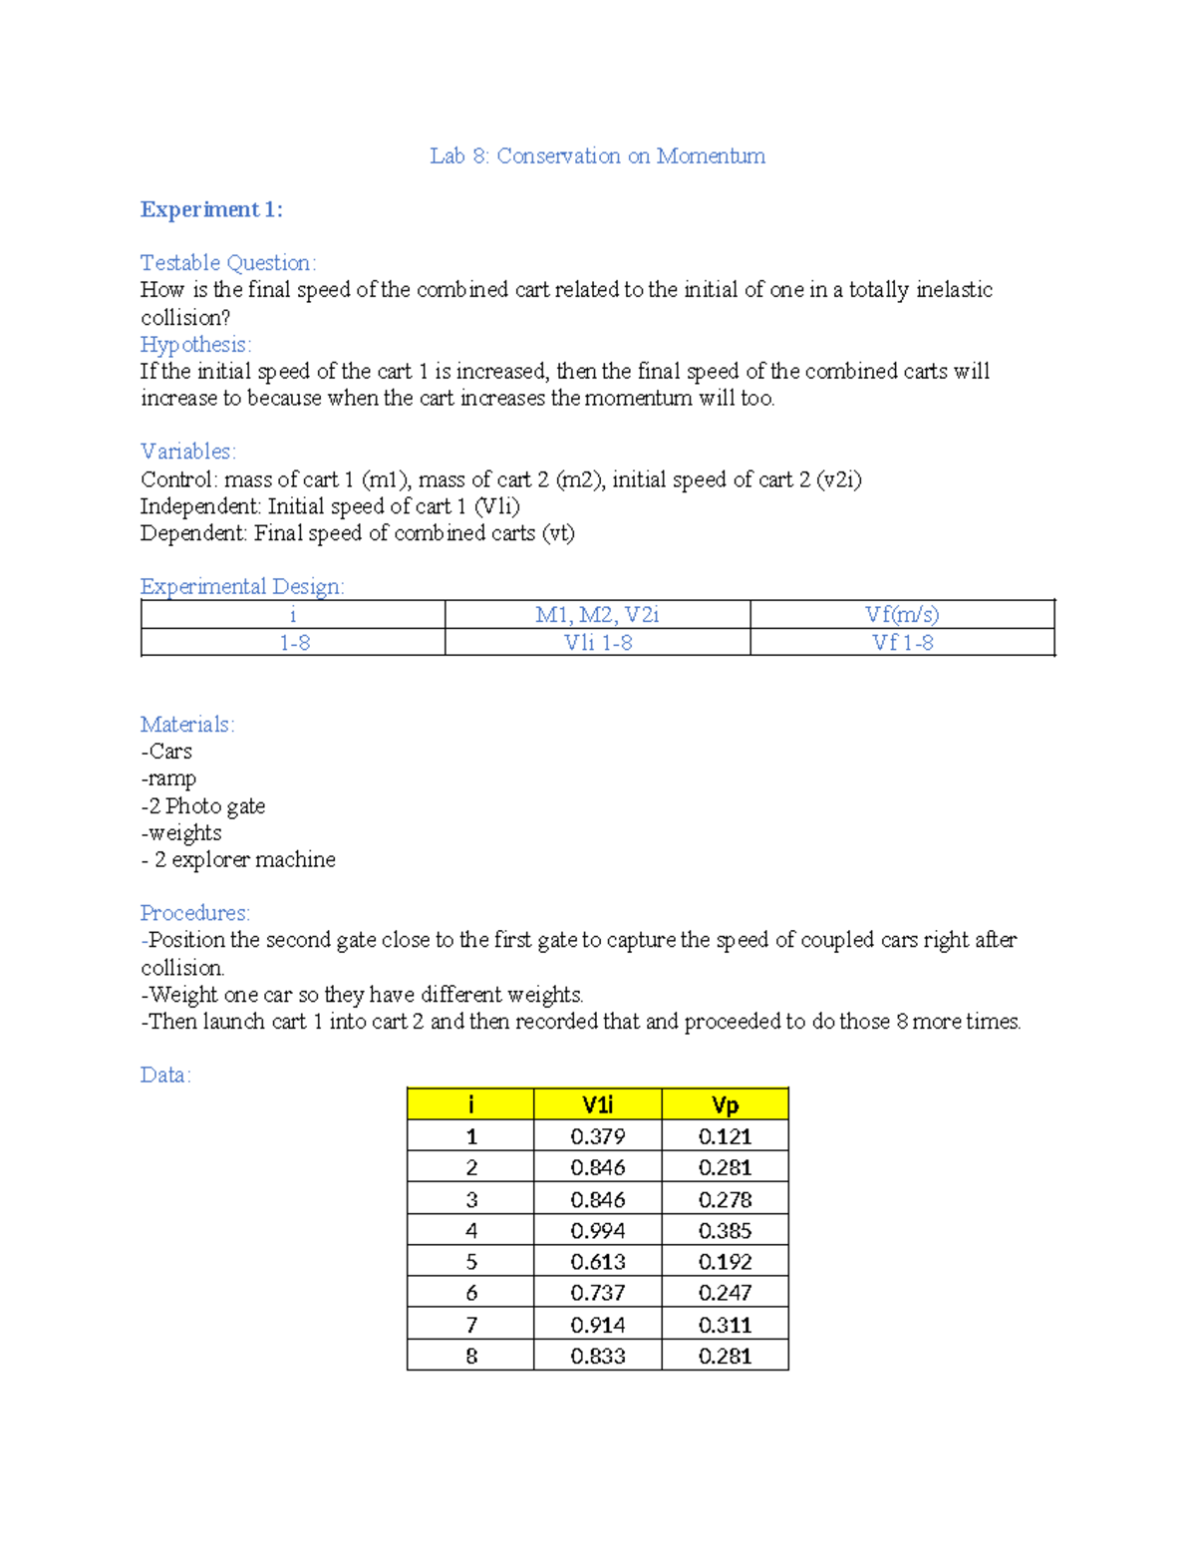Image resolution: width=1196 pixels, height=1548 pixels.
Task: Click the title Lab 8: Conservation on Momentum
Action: click(x=597, y=155)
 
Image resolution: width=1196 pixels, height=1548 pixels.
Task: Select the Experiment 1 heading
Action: click(x=211, y=209)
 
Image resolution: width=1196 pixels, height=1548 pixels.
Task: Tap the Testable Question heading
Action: click(x=227, y=262)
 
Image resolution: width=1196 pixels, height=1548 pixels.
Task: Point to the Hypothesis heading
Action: click(x=195, y=344)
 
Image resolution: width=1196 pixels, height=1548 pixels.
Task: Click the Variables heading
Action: click(x=187, y=451)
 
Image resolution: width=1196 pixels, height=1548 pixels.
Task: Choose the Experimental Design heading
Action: click(x=241, y=586)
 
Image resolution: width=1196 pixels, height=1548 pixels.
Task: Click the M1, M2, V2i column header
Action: click(x=597, y=614)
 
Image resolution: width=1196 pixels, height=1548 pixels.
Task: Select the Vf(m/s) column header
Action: click(x=902, y=614)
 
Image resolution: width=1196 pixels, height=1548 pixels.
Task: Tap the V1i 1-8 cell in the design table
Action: click(x=597, y=643)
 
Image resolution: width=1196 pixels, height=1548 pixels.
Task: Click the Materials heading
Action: click(x=187, y=724)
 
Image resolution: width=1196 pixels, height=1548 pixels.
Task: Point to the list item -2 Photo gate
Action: click(x=203, y=805)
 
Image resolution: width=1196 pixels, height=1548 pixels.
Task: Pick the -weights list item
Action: click(x=181, y=832)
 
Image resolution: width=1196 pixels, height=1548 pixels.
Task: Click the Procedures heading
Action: click(x=194, y=912)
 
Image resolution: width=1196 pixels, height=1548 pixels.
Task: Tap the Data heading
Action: click(x=165, y=1075)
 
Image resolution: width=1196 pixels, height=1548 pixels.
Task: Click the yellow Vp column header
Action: click(x=725, y=1104)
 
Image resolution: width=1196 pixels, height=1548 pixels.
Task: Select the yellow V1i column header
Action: click(x=597, y=1104)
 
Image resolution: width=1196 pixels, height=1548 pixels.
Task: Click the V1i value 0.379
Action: click(x=597, y=1136)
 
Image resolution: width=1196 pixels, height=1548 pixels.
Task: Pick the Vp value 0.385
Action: click(x=725, y=1230)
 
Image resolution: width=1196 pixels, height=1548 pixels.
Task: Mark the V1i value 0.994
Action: click(x=597, y=1230)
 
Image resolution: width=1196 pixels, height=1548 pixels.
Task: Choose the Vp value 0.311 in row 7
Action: click(x=725, y=1325)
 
